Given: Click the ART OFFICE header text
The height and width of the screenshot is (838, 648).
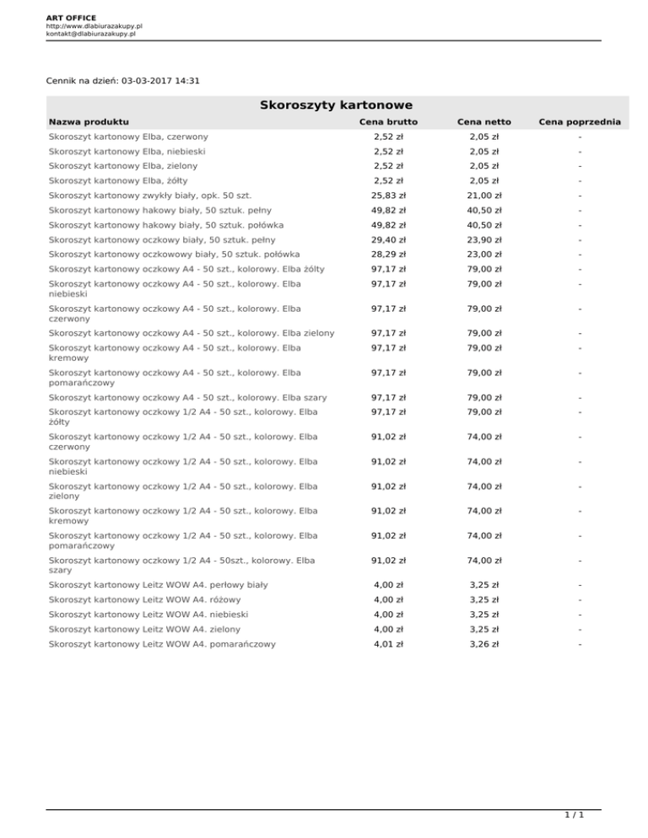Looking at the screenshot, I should [x=72, y=17].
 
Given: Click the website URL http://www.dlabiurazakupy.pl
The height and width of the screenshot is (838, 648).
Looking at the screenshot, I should [x=94, y=26].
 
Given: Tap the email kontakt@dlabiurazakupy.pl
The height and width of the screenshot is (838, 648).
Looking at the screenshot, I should [x=91, y=35].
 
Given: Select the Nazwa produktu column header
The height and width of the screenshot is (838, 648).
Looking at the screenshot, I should [x=89, y=123].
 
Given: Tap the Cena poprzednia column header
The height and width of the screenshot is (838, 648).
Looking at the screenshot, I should [x=580, y=123].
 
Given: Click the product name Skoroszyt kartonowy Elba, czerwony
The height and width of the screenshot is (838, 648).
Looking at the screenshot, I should [x=128, y=136].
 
